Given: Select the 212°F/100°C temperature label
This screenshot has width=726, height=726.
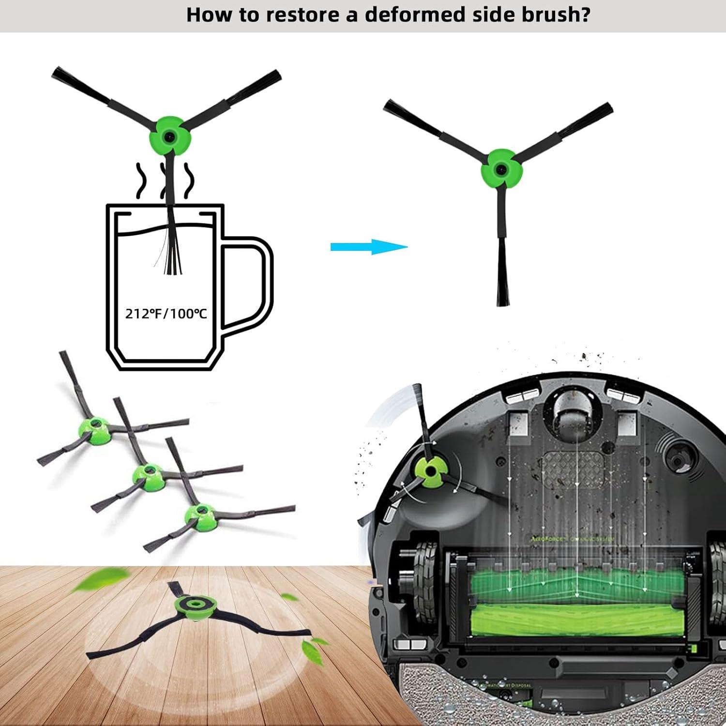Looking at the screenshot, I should coord(166,314).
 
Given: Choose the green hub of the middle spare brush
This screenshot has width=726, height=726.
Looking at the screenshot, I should coord(148,474).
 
